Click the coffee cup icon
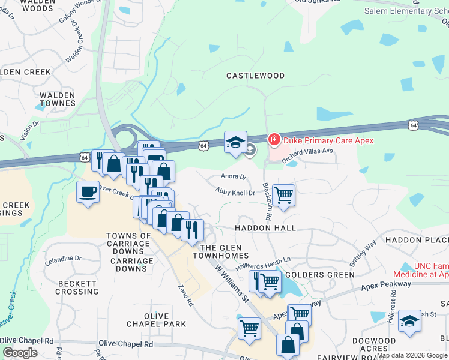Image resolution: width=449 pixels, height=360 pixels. coord(88,192)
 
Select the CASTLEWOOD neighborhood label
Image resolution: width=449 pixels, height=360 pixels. coord(255,76)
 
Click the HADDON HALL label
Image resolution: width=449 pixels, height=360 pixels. coord(265,228)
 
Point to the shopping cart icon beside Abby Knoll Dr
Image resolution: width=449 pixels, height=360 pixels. coord(283,194)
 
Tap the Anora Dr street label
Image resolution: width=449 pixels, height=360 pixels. coord(234,177)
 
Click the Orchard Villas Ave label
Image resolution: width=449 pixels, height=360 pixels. coord(307,151)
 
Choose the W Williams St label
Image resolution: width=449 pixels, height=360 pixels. coord(231,282)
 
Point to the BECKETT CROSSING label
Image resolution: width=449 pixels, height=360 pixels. coord(77,287)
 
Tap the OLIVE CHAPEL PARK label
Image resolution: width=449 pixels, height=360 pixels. coord(156,320)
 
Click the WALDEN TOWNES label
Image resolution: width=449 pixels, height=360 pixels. coord(58,99)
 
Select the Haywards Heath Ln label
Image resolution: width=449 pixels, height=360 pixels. coord(262,261)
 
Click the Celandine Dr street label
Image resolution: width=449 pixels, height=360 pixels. coord(62,258)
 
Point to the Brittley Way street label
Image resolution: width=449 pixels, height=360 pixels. coord(363,253)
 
